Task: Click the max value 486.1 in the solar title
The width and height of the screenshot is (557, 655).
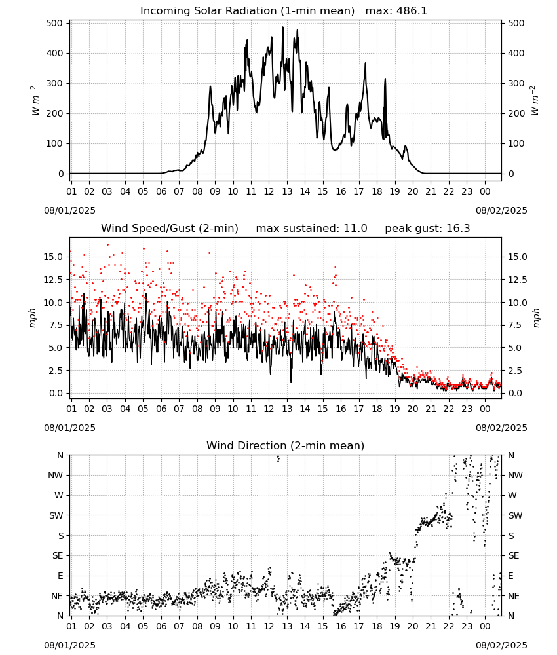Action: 411,10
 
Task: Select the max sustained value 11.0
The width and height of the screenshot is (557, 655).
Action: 355,228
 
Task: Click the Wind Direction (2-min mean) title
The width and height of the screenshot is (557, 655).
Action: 286,445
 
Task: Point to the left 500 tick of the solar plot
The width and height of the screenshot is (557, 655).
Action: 55,23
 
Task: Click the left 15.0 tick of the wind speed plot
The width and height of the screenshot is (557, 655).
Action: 54,257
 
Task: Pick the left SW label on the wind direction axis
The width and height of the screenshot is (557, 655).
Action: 56,515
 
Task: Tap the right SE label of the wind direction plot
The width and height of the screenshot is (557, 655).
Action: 514,555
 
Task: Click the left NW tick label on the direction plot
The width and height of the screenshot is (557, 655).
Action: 56,475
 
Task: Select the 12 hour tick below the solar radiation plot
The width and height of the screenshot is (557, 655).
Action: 269,191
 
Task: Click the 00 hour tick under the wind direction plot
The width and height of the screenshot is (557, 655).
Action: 485,626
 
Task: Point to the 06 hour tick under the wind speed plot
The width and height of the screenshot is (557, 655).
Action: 161,409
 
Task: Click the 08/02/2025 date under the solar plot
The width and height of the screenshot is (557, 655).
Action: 501,210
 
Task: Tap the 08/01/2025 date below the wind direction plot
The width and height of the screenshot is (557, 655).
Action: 69,645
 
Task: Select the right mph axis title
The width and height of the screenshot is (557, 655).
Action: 536,318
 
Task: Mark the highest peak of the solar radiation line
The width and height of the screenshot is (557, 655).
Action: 282,27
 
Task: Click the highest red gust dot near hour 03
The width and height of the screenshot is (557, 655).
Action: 107,245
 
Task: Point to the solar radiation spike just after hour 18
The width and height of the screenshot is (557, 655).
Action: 385,79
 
